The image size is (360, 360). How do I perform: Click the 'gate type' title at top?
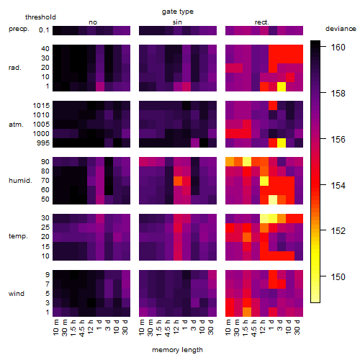[x=178, y=12]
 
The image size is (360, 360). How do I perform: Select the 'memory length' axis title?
[x=177, y=350]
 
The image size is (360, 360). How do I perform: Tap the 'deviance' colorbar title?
[x=341, y=29]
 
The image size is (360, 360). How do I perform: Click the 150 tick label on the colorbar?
[x=338, y=277]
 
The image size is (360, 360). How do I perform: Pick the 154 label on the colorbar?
[x=338, y=185]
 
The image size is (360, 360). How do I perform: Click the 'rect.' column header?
[x=261, y=22]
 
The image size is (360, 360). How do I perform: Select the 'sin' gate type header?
[x=177, y=22]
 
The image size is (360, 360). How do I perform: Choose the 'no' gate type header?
[x=93, y=22]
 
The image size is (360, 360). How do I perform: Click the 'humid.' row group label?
[x=20, y=181]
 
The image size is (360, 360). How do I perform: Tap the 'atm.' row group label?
[x=16, y=125]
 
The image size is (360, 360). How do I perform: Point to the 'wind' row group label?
[x=17, y=294]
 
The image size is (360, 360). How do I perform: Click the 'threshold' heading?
[x=40, y=17]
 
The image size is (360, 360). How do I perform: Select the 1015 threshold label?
[x=41, y=106]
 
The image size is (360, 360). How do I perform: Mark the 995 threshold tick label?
[x=43, y=143]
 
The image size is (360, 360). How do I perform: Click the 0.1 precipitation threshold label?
[x=44, y=30]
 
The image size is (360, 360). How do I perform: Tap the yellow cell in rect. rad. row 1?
[x=282, y=86]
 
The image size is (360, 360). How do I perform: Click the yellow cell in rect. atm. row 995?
[x=282, y=143]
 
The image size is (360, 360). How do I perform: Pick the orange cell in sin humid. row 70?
[x=178, y=181]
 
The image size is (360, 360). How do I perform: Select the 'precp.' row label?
[x=19, y=29]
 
